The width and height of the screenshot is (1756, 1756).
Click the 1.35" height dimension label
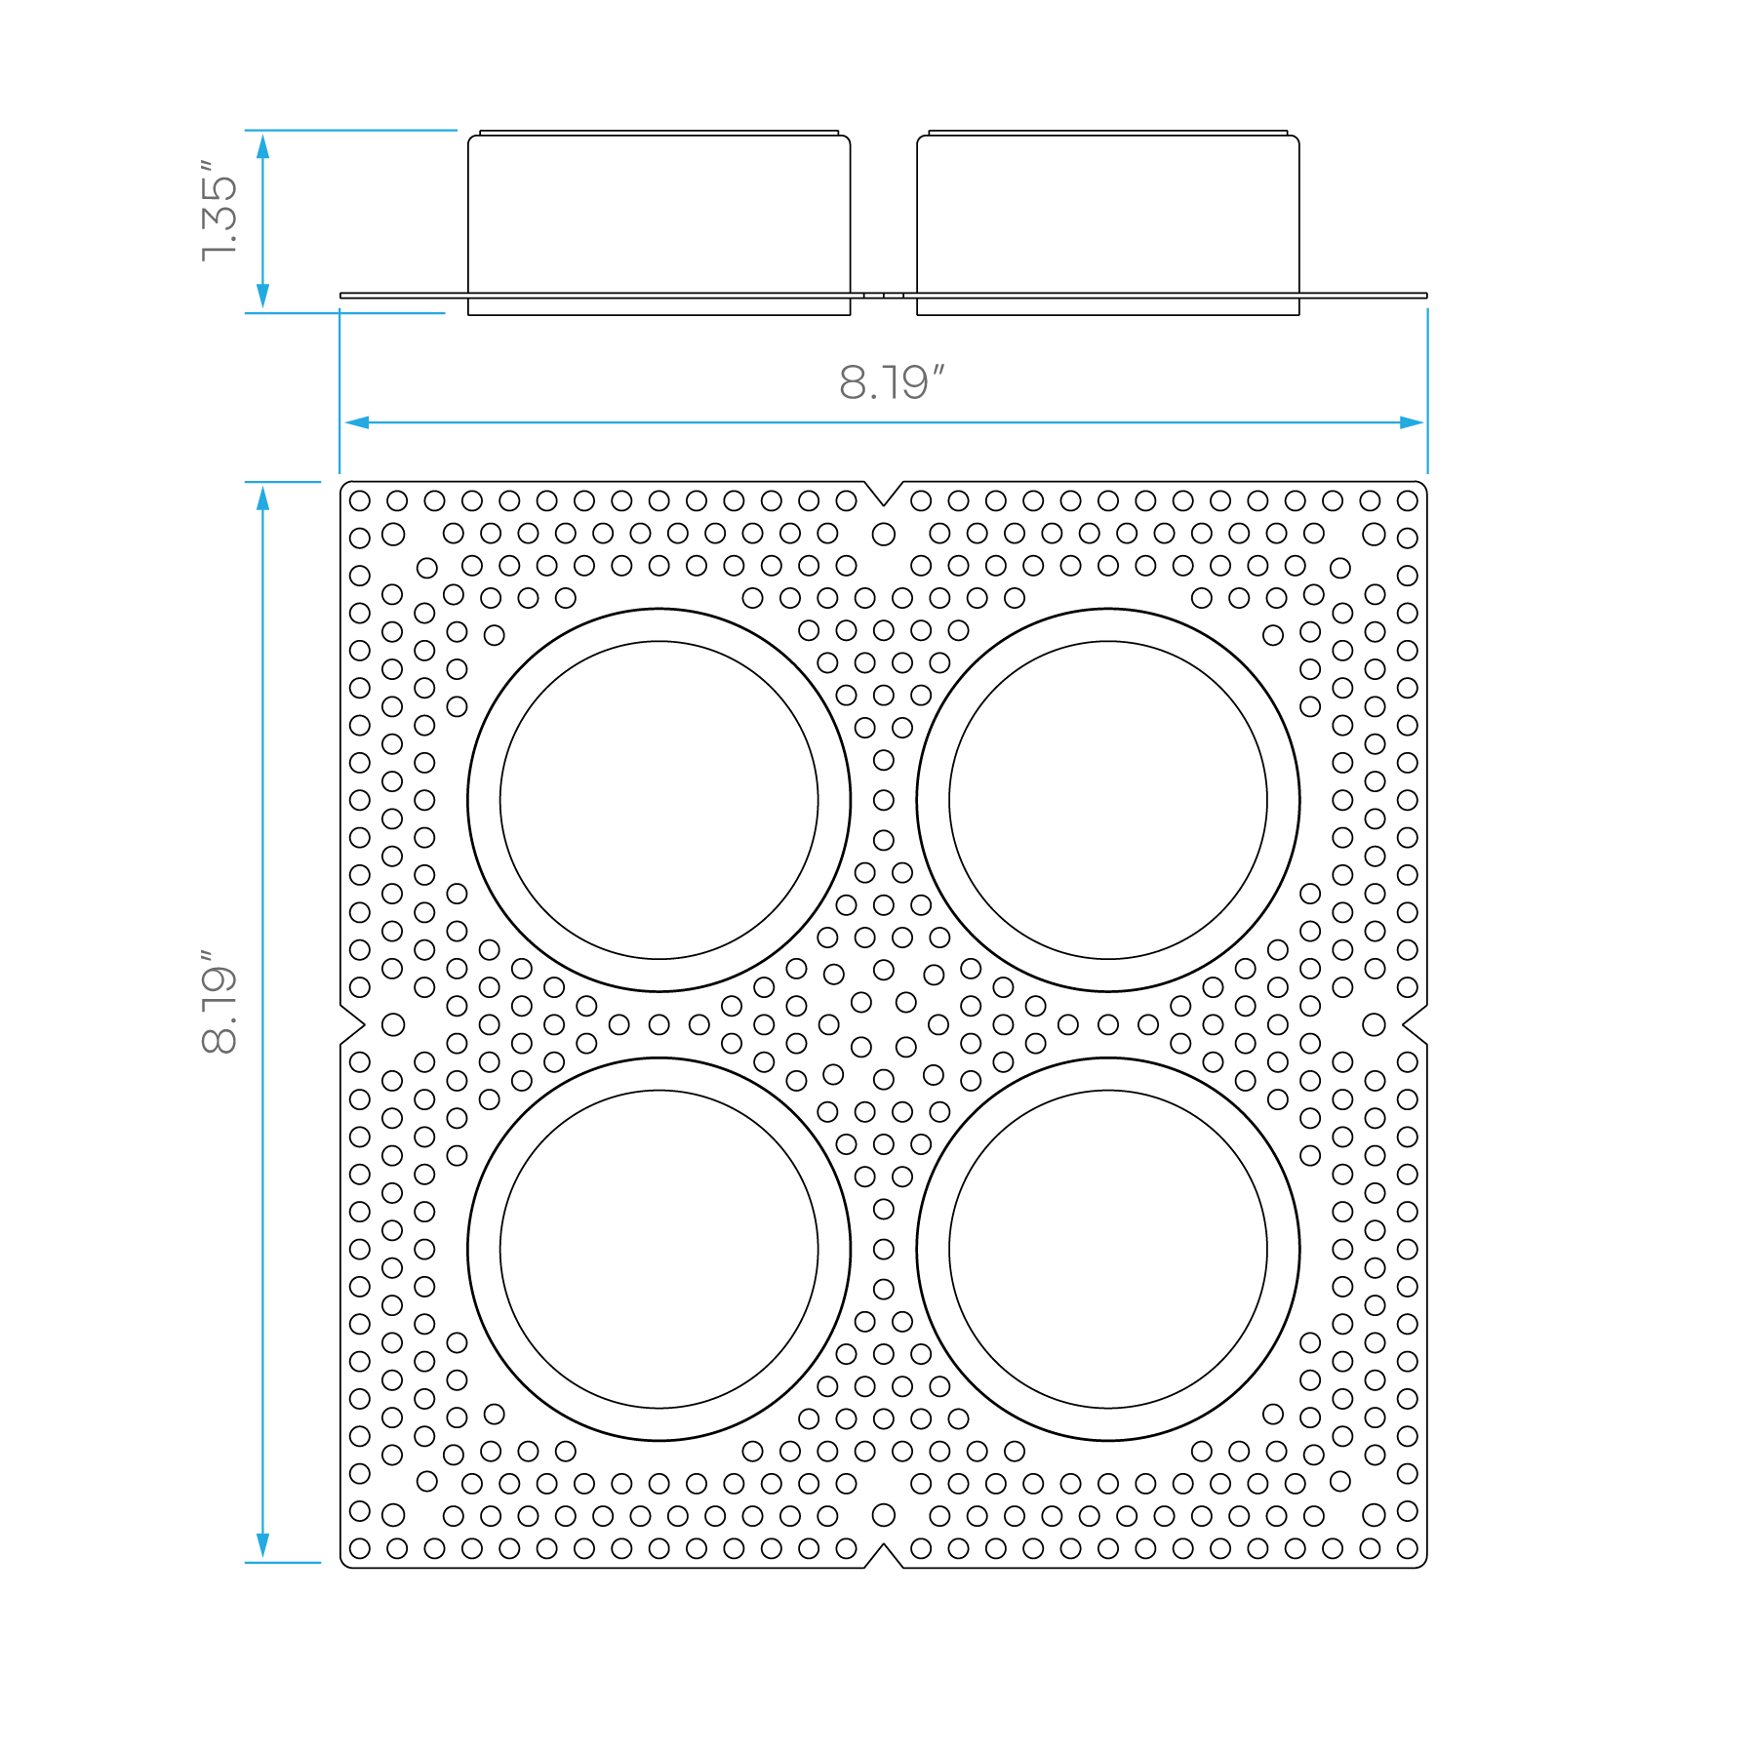click(219, 210)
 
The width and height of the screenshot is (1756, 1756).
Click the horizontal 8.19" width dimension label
click(892, 382)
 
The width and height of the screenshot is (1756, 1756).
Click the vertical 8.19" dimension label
click(219, 1001)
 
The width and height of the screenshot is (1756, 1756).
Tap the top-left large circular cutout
click(659, 800)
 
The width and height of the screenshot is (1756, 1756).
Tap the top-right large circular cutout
click(1108, 800)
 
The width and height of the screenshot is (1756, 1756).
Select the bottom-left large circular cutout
click(659, 1249)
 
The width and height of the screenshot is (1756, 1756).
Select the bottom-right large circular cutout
click(1108, 1249)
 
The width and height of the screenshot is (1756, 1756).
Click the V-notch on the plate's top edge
click(884, 494)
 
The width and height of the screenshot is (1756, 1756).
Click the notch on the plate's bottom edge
click(884, 1556)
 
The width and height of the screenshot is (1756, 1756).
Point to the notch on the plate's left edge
click(352, 1024)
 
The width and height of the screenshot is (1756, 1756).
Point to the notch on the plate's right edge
click(1416, 1024)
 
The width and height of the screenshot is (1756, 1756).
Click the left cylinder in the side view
click(659, 222)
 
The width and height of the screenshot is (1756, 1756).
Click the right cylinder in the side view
click(1108, 222)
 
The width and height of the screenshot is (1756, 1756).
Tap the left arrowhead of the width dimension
click(357, 422)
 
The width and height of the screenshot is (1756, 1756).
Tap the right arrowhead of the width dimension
click(1412, 422)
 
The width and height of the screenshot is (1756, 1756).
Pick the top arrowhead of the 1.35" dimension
click(262, 146)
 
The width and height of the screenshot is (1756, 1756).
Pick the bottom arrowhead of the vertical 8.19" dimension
click(262, 1545)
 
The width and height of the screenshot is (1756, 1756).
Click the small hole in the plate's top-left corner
click(360, 500)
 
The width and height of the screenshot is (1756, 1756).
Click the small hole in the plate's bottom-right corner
click(1407, 1548)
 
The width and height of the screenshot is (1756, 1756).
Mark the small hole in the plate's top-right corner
click(1407, 500)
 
